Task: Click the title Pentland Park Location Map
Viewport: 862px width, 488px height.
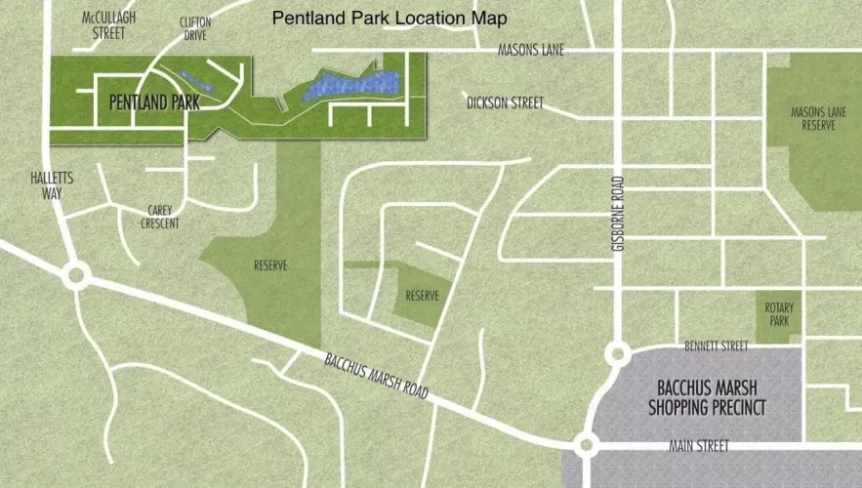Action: [x=390, y=19]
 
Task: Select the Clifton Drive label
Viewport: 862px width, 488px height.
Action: [x=195, y=28]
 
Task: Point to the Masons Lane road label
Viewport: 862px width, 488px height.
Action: [x=531, y=50]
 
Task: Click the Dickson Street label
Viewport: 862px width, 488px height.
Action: [x=505, y=102]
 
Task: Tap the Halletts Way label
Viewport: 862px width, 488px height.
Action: [x=51, y=185]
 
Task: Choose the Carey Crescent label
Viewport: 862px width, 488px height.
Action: [x=160, y=216]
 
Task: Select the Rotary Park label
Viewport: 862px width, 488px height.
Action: [x=779, y=314]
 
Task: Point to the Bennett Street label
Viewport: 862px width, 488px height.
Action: [x=716, y=346]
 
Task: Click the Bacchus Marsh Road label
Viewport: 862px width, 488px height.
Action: [x=376, y=375]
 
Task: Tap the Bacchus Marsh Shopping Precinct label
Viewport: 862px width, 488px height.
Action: [x=707, y=398]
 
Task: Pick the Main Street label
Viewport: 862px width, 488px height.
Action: [x=699, y=446]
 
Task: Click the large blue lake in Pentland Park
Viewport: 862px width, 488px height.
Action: [x=352, y=85]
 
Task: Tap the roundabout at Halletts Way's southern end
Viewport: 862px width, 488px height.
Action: [x=75, y=275]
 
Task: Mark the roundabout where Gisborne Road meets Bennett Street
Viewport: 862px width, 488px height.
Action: [x=617, y=353]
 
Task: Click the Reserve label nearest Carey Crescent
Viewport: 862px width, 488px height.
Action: [x=269, y=264]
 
